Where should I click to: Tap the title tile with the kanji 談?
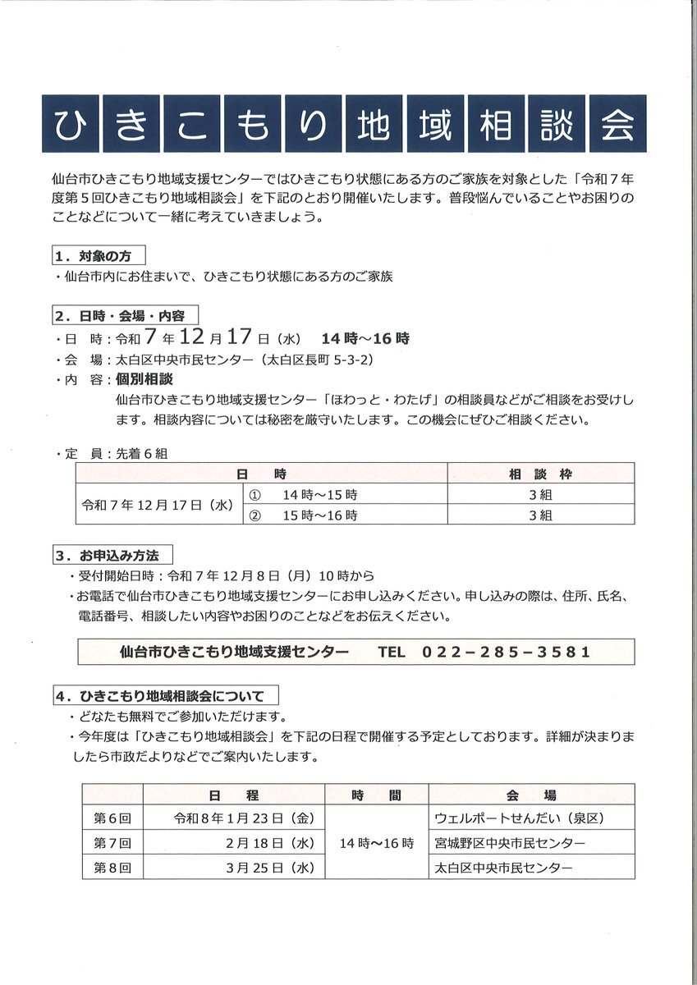tap(554, 125)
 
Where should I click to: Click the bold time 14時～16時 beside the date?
tap(365, 337)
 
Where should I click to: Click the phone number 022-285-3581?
tap(507, 652)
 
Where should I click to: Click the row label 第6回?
tap(112, 818)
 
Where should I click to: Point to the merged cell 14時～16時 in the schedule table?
tap(377, 843)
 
